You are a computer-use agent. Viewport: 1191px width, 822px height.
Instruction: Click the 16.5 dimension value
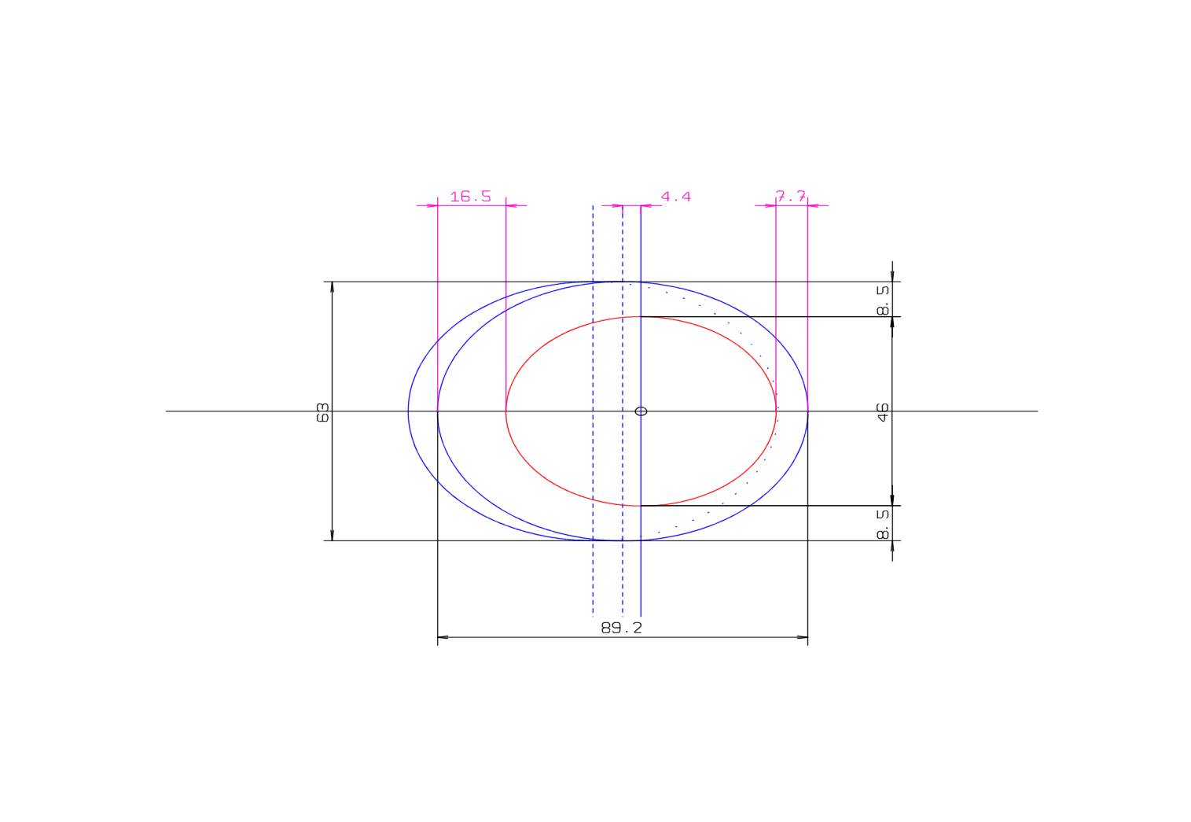click(x=470, y=197)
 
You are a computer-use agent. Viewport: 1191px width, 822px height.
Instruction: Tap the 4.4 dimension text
click(x=675, y=197)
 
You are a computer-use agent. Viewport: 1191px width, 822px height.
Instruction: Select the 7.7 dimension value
click(x=791, y=196)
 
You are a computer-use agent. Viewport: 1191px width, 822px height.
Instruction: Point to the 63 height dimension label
click(x=323, y=412)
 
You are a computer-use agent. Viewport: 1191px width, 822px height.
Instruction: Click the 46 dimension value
click(x=884, y=412)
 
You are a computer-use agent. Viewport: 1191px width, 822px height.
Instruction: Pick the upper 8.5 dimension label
click(x=884, y=300)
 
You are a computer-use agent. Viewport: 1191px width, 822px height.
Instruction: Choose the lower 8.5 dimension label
click(x=884, y=524)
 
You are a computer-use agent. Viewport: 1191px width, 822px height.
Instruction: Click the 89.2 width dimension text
click(x=621, y=628)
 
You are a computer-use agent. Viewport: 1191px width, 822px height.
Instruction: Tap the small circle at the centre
click(x=641, y=411)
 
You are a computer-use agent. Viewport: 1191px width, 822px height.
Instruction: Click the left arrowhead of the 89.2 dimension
click(x=443, y=637)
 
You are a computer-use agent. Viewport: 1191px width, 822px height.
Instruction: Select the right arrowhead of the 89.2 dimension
click(x=803, y=637)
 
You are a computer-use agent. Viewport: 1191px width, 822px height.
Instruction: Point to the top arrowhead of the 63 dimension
click(x=333, y=287)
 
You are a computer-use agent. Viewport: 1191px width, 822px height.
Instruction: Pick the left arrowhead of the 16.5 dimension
click(x=432, y=205)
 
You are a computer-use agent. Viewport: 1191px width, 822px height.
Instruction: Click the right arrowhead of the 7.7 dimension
click(x=813, y=205)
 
